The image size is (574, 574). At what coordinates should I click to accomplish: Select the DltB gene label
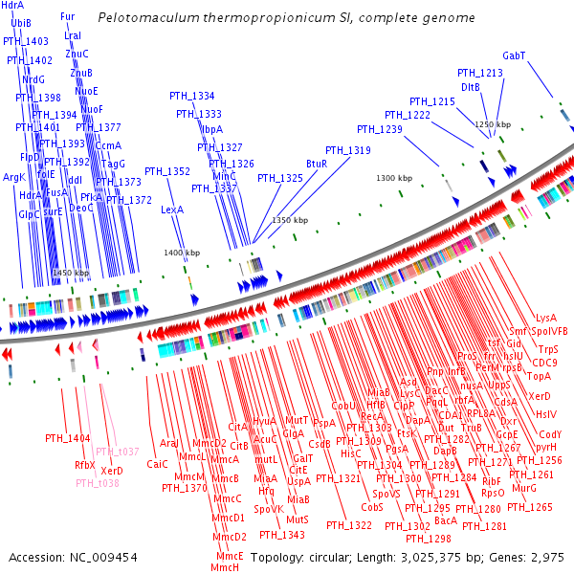tap(471, 87)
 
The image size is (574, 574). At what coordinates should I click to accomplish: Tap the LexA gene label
tap(172, 210)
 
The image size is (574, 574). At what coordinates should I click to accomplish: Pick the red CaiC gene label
tap(157, 464)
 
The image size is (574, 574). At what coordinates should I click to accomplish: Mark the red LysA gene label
tap(546, 318)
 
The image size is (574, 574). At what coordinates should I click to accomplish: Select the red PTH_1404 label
tap(67, 438)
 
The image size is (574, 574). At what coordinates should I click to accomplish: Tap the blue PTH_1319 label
tap(347, 150)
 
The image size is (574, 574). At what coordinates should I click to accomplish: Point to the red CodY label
tap(551, 434)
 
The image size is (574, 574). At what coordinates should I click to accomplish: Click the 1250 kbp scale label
tap(493, 124)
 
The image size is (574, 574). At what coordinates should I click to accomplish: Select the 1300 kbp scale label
tap(393, 178)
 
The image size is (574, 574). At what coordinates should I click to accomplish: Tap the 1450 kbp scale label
tap(70, 274)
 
